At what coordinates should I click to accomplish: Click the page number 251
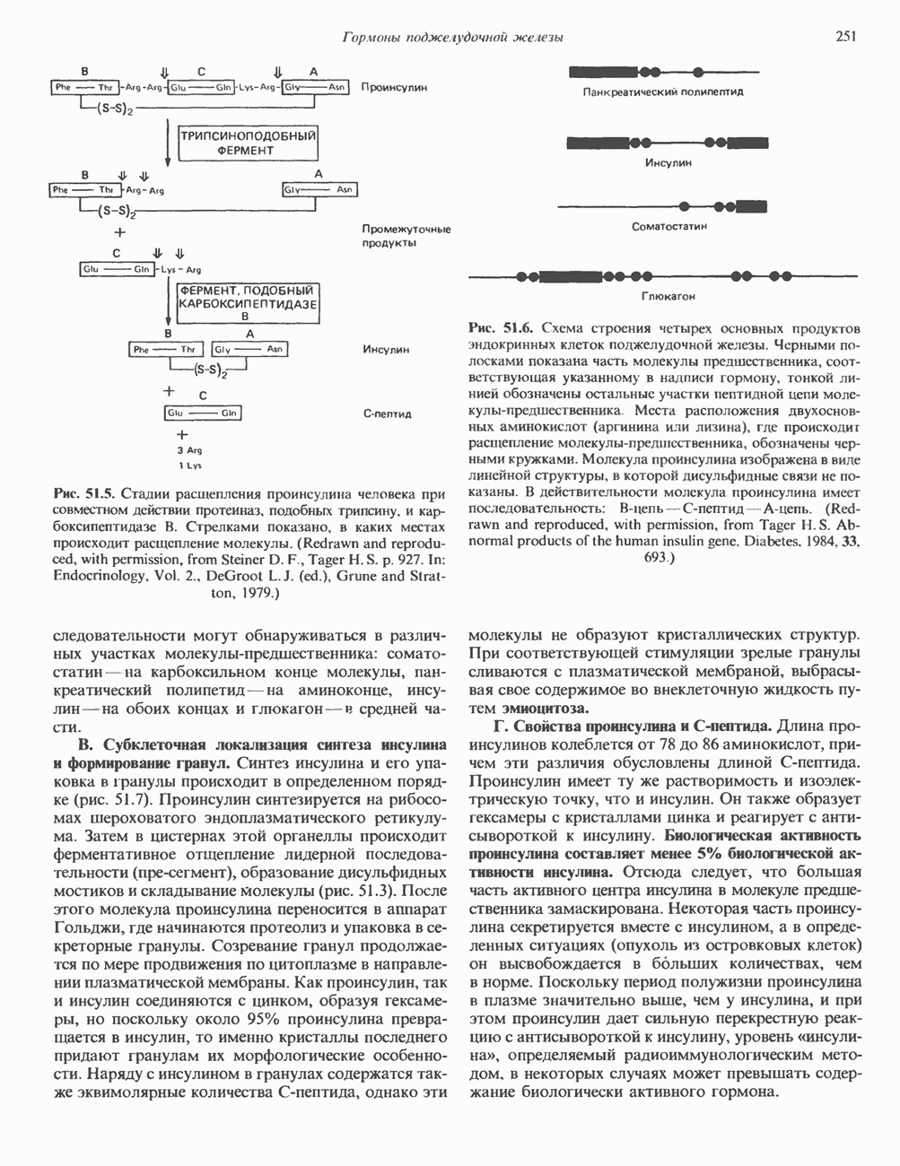click(844, 36)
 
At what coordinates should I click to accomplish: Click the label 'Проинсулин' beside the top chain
click(395, 88)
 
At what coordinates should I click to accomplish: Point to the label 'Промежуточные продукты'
click(406, 236)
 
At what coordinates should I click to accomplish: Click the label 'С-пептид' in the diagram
click(387, 414)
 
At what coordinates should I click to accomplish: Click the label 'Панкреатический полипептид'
click(663, 91)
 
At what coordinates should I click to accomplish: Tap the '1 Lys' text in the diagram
click(188, 466)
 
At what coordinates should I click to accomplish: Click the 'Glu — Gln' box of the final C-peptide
click(204, 413)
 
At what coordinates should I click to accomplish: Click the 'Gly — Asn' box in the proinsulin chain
click(315, 88)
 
